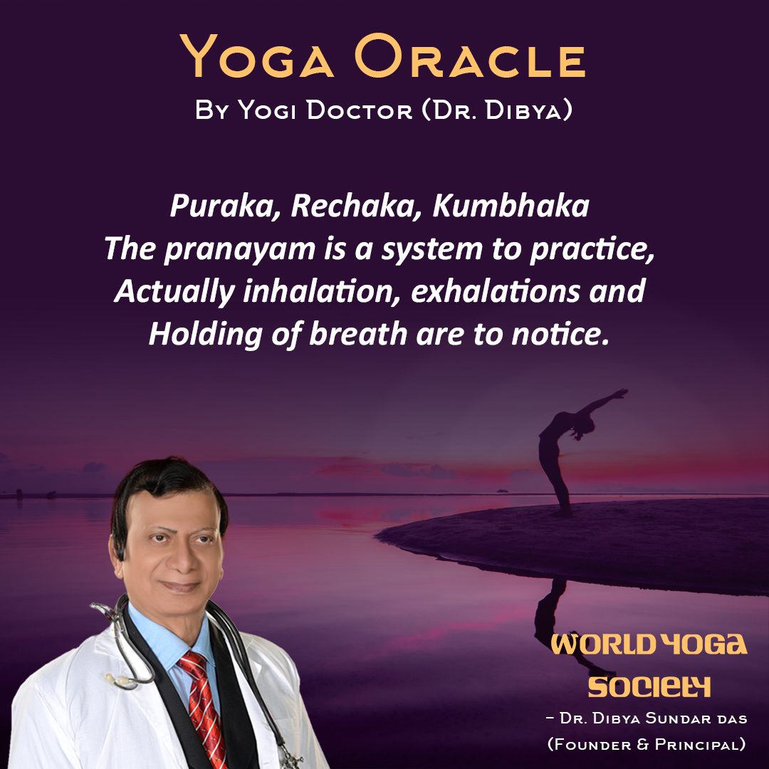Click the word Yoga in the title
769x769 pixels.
point(257,56)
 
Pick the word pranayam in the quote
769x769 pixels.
point(240,250)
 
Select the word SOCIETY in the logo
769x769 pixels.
point(649,686)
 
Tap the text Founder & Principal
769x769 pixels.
point(647,744)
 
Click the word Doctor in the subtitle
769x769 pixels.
point(360,110)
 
